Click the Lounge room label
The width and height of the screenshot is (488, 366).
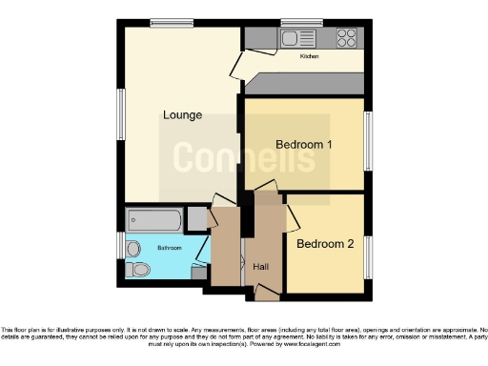pos(181,115)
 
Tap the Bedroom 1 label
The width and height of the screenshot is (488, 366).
pos(304,144)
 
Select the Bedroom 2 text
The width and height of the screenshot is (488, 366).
pos(325,244)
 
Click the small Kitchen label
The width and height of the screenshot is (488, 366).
pos(310,57)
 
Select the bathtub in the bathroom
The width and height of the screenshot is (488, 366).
pos(153,221)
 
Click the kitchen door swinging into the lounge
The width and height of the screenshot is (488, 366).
pos(243,67)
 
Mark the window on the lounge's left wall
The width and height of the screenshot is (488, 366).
pos(121,114)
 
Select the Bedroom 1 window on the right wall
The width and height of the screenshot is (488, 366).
pos(369,141)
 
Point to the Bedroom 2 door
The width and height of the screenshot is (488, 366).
pos(292,217)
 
